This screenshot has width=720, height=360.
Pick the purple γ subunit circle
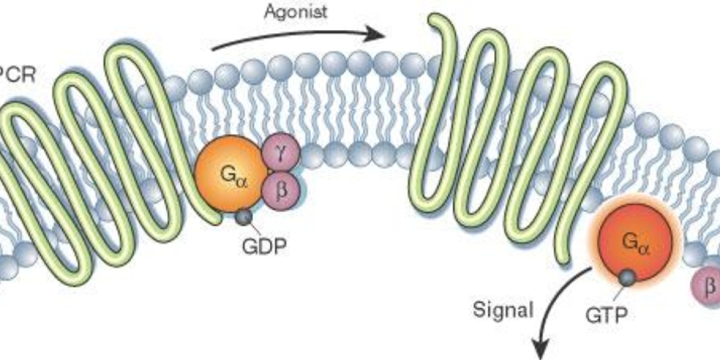281,152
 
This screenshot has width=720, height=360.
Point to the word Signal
503,310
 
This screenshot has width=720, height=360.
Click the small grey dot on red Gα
628,277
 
